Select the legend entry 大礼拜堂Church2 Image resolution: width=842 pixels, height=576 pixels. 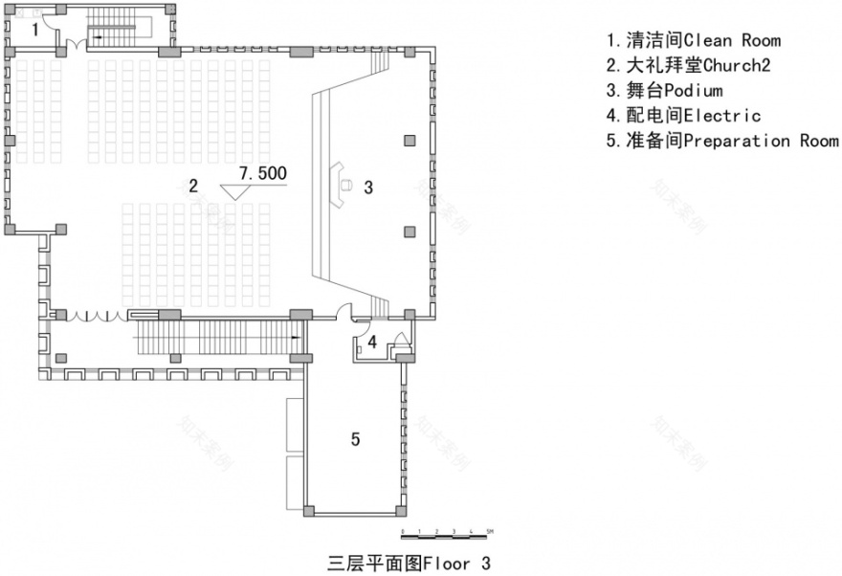(x=688, y=65)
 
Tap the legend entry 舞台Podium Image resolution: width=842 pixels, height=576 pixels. (x=664, y=91)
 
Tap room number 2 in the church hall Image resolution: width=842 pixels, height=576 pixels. (x=193, y=186)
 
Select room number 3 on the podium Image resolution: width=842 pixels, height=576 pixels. (x=368, y=187)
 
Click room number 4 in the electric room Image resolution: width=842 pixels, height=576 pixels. (x=374, y=341)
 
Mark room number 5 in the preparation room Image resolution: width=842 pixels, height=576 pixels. (x=355, y=439)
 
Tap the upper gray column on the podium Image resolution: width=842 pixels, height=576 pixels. (x=409, y=141)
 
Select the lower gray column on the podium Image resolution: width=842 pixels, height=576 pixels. (x=409, y=231)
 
